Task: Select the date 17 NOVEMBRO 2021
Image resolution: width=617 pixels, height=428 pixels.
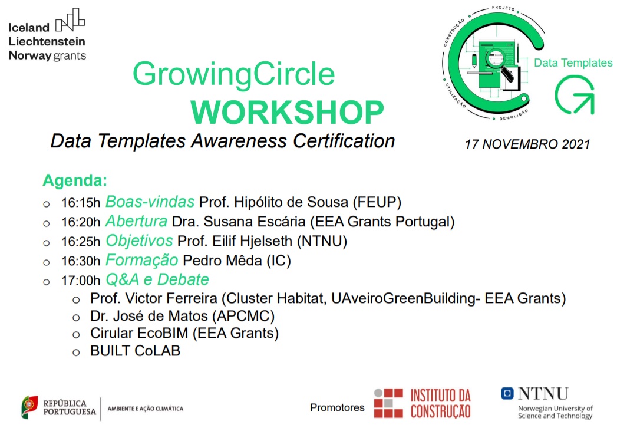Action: point(527,144)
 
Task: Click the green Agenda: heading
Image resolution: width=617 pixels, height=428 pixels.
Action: point(75,180)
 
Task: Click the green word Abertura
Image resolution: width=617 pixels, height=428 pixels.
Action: point(136,222)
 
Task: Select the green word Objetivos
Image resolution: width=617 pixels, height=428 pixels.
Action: point(139,241)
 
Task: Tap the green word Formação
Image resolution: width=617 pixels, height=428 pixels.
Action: point(141,260)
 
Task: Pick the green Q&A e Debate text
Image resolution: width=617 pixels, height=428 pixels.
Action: point(157,279)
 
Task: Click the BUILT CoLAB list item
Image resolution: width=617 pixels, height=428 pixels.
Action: point(135,351)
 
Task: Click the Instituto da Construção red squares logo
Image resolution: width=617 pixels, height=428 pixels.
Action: point(388,403)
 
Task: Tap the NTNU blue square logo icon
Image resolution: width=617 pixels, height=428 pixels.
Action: point(507,393)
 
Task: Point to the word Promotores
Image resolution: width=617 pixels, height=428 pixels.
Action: point(337,407)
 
